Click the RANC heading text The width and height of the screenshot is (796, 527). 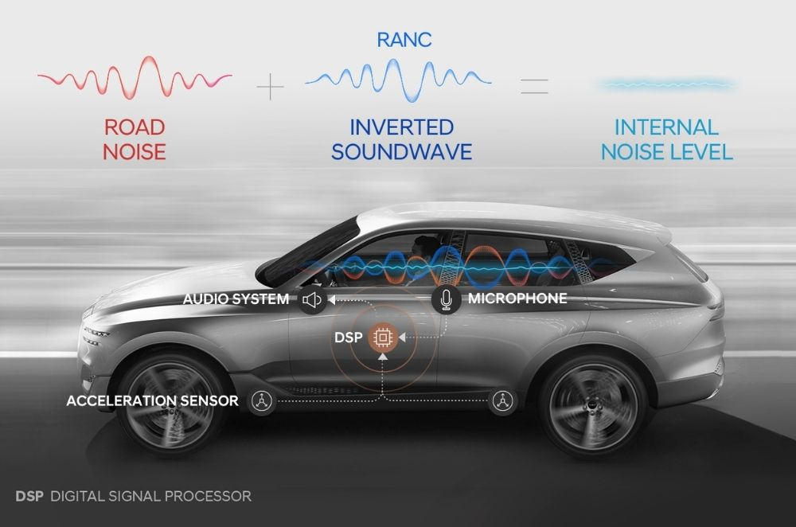pyautogui.click(x=404, y=40)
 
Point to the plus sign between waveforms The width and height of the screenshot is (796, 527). pyautogui.click(x=270, y=86)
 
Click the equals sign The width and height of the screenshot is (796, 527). pyautogui.click(x=534, y=86)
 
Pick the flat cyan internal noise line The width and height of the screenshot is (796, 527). pyautogui.click(x=667, y=84)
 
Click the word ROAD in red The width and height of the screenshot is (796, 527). pyautogui.click(x=135, y=127)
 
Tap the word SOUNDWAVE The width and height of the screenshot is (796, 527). pyautogui.click(x=401, y=152)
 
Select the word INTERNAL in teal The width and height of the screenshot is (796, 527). pyautogui.click(x=666, y=127)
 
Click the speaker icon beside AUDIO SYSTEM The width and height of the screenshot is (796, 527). pyautogui.click(x=312, y=300)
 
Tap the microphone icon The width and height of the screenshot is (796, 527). pyautogui.click(x=447, y=299)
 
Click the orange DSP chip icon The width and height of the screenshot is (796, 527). pyautogui.click(x=383, y=338)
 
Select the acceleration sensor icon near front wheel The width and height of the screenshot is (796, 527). pyautogui.click(x=262, y=401)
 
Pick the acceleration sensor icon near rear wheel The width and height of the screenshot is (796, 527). pyautogui.click(x=502, y=401)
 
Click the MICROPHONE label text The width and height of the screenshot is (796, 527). pyautogui.click(x=517, y=298)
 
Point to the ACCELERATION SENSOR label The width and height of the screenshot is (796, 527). pyautogui.click(x=152, y=400)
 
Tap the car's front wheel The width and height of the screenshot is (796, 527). pyautogui.click(x=172, y=404)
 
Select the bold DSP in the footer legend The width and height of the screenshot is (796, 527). pyautogui.click(x=29, y=496)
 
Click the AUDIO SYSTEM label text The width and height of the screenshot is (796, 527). pyautogui.click(x=236, y=299)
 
